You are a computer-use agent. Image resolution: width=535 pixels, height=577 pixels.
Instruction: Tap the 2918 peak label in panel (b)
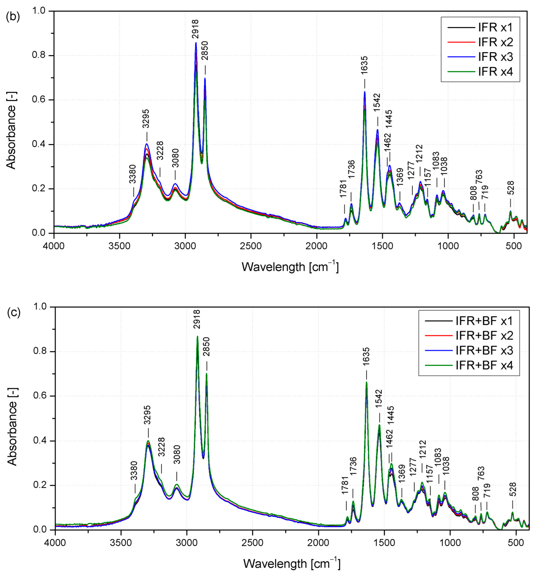195,29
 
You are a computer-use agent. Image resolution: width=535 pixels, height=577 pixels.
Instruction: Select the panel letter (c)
13,313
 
